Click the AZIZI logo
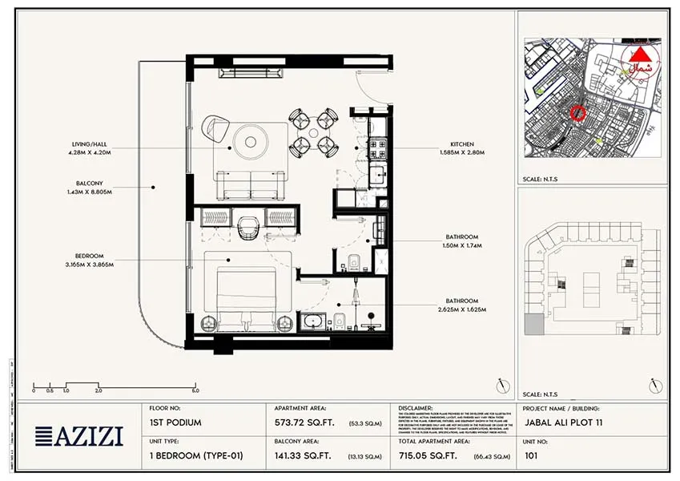pyautogui.click(x=79, y=436)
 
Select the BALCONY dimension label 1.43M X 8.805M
pyautogui.click(x=89, y=192)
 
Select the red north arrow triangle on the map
pyautogui.click(x=641, y=55)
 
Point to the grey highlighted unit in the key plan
pyautogui.click(x=532, y=325)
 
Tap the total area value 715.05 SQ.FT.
pyautogui.click(x=430, y=456)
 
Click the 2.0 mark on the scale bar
pyautogui.click(x=99, y=390)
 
